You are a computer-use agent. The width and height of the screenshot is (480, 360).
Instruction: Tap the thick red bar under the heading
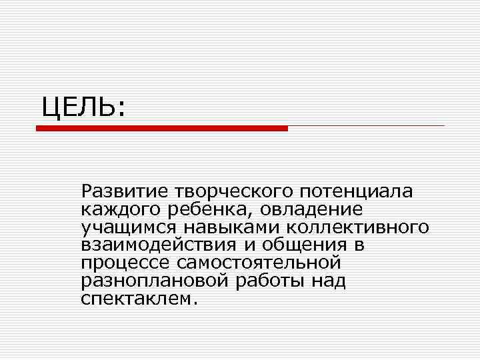(162, 128)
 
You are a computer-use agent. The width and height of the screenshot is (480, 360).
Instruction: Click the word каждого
(116, 211)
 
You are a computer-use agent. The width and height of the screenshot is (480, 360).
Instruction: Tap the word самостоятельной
(260, 263)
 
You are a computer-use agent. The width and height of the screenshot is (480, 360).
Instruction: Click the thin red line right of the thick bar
(366, 125)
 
